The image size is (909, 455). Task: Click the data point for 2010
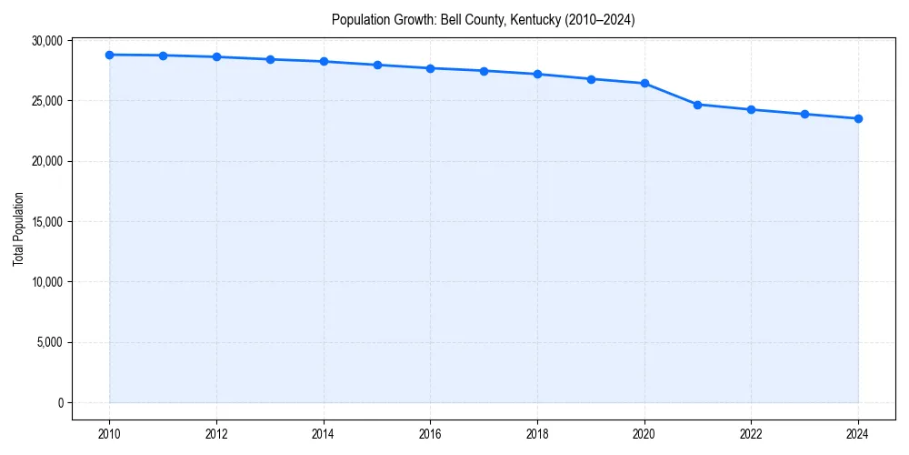tap(109, 55)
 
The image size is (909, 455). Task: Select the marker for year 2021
tap(697, 105)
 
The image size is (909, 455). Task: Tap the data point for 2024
tap(858, 118)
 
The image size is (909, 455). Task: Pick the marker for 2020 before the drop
tap(644, 83)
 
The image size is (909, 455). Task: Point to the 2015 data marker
tap(377, 65)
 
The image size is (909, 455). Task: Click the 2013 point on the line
tap(270, 59)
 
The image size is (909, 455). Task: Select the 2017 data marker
tap(484, 71)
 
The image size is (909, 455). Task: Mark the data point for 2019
tap(591, 79)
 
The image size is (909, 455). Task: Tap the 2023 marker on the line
tap(804, 114)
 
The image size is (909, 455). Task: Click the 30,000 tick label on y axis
tap(45, 41)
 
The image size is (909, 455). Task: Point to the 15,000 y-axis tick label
tap(45, 222)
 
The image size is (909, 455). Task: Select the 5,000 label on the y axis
tap(47, 343)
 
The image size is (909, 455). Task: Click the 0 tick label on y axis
tap(59, 403)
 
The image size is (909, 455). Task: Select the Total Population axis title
tap(18, 228)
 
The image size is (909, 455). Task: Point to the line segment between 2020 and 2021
tap(671, 94)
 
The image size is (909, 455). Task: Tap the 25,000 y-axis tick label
tap(45, 101)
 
